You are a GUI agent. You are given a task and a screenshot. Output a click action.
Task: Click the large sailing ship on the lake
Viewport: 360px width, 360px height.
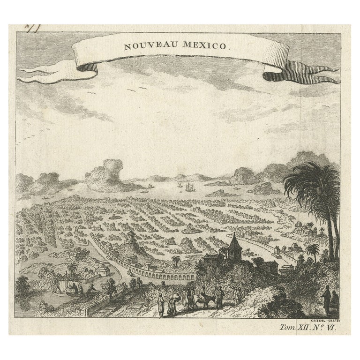tap(189, 187)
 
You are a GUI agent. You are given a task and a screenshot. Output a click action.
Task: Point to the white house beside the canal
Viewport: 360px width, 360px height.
tap(102, 271)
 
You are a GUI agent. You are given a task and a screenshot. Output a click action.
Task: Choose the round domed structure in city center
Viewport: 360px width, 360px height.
tap(189, 229)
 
